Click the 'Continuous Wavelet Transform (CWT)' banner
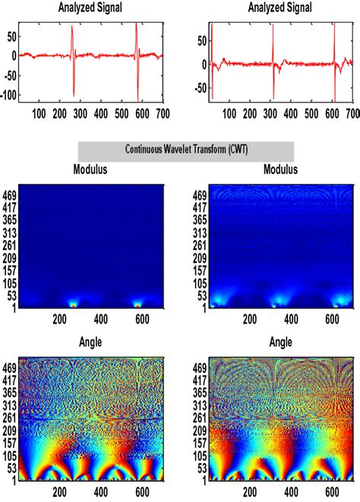(x=185, y=150)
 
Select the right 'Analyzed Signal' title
(x=280, y=8)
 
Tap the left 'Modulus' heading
(x=91, y=170)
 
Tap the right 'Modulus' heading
(x=280, y=170)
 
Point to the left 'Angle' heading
(x=91, y=343)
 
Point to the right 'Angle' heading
(x=280, y=343)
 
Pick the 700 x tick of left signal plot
(x=159, y=112)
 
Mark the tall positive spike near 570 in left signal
(x=136, y=25)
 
